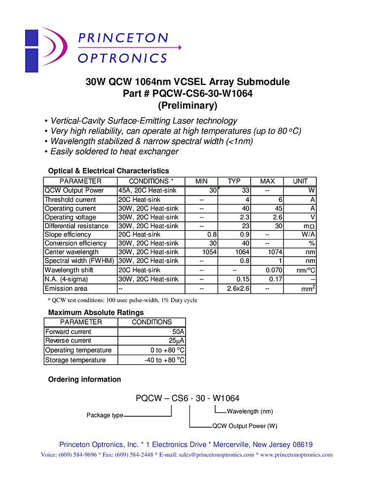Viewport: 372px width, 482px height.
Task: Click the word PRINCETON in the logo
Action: (x=123, y=38)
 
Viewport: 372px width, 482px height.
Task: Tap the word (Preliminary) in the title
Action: (x=187, y=105)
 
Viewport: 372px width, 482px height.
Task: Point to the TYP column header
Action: (x=234, y=181)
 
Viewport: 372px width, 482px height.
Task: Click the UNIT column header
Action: (x=300, y=181)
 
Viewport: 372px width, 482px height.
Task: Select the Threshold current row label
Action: (x=70, y=200)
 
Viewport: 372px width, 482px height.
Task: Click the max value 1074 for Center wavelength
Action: (x=274, y=252)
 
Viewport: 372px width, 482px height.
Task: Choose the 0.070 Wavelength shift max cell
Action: (x=274, y=270)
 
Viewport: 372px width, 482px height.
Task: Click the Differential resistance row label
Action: (x=76, y=226)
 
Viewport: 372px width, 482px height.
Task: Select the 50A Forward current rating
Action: (x=178, y=332)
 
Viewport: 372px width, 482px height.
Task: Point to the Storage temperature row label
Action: (x=75, y=360)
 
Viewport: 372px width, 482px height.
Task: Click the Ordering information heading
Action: (x=84, y=379)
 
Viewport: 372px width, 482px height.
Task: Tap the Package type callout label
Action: (x=105, y=415)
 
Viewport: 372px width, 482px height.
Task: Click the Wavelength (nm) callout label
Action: (x=250, y=411)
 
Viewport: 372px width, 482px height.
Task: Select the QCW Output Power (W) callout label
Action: (x=245, y=426)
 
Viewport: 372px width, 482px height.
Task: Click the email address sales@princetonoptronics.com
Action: (x=216, y=455)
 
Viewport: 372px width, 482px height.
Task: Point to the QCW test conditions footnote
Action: (x=122, y=300)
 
